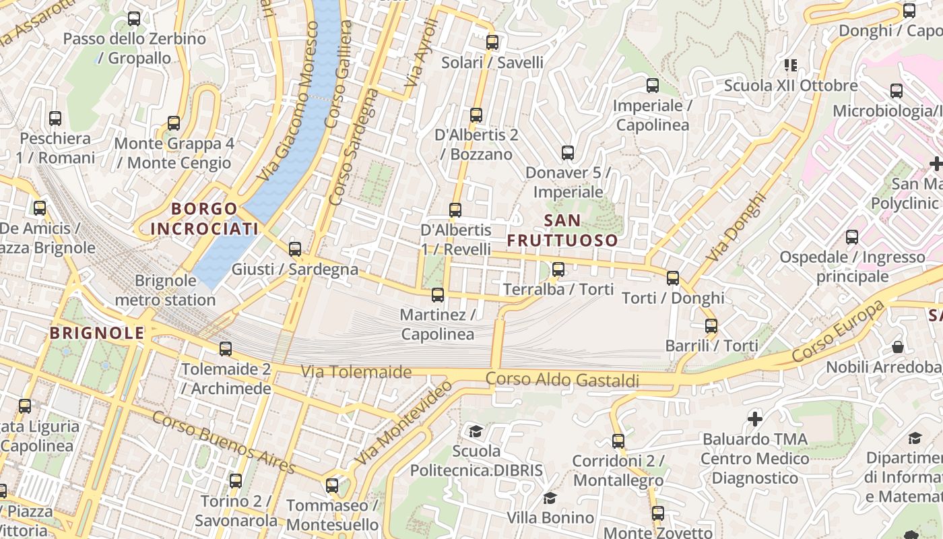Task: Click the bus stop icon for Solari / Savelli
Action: (x=492, y=42)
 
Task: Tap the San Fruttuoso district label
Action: (x=562, y=230)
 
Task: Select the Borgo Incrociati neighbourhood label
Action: (x=204, y=219)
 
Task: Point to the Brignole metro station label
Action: (x=166, y=290)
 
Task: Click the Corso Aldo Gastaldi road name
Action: (x=562, y=380)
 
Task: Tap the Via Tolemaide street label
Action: (x=356, y=371)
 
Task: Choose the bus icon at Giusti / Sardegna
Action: (x=295, y=249)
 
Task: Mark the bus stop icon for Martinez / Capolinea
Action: (x=438, y=294)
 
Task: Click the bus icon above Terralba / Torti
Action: (x=558, y=270)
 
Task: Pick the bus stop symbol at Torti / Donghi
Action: (x=672, y=278)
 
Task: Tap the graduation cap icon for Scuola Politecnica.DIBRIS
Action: (x=476, y=431)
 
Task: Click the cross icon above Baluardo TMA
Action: (x=755, y=419)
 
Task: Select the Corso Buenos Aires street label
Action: (x=224, y=442)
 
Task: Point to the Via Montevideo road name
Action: (x=403, y=422)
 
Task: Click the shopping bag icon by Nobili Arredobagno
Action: (x=898, y=347)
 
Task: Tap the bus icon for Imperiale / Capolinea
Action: (x=652, y=86)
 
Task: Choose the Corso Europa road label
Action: (x=838, y=331)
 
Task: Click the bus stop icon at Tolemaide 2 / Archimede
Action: (x=226, y=349)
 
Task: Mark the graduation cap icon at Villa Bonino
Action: (x=550, y=498)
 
